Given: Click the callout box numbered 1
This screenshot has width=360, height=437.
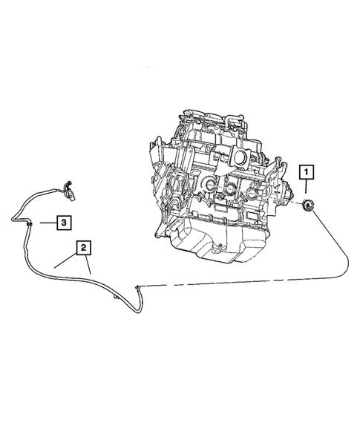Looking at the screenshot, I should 307,173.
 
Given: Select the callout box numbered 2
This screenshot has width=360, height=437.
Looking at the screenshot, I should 83,246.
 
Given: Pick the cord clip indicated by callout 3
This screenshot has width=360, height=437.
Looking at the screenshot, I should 28,221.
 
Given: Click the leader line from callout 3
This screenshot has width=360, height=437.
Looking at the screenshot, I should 45,222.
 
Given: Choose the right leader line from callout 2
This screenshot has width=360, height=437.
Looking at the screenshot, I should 88,264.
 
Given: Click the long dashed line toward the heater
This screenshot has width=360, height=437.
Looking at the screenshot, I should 245,280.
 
